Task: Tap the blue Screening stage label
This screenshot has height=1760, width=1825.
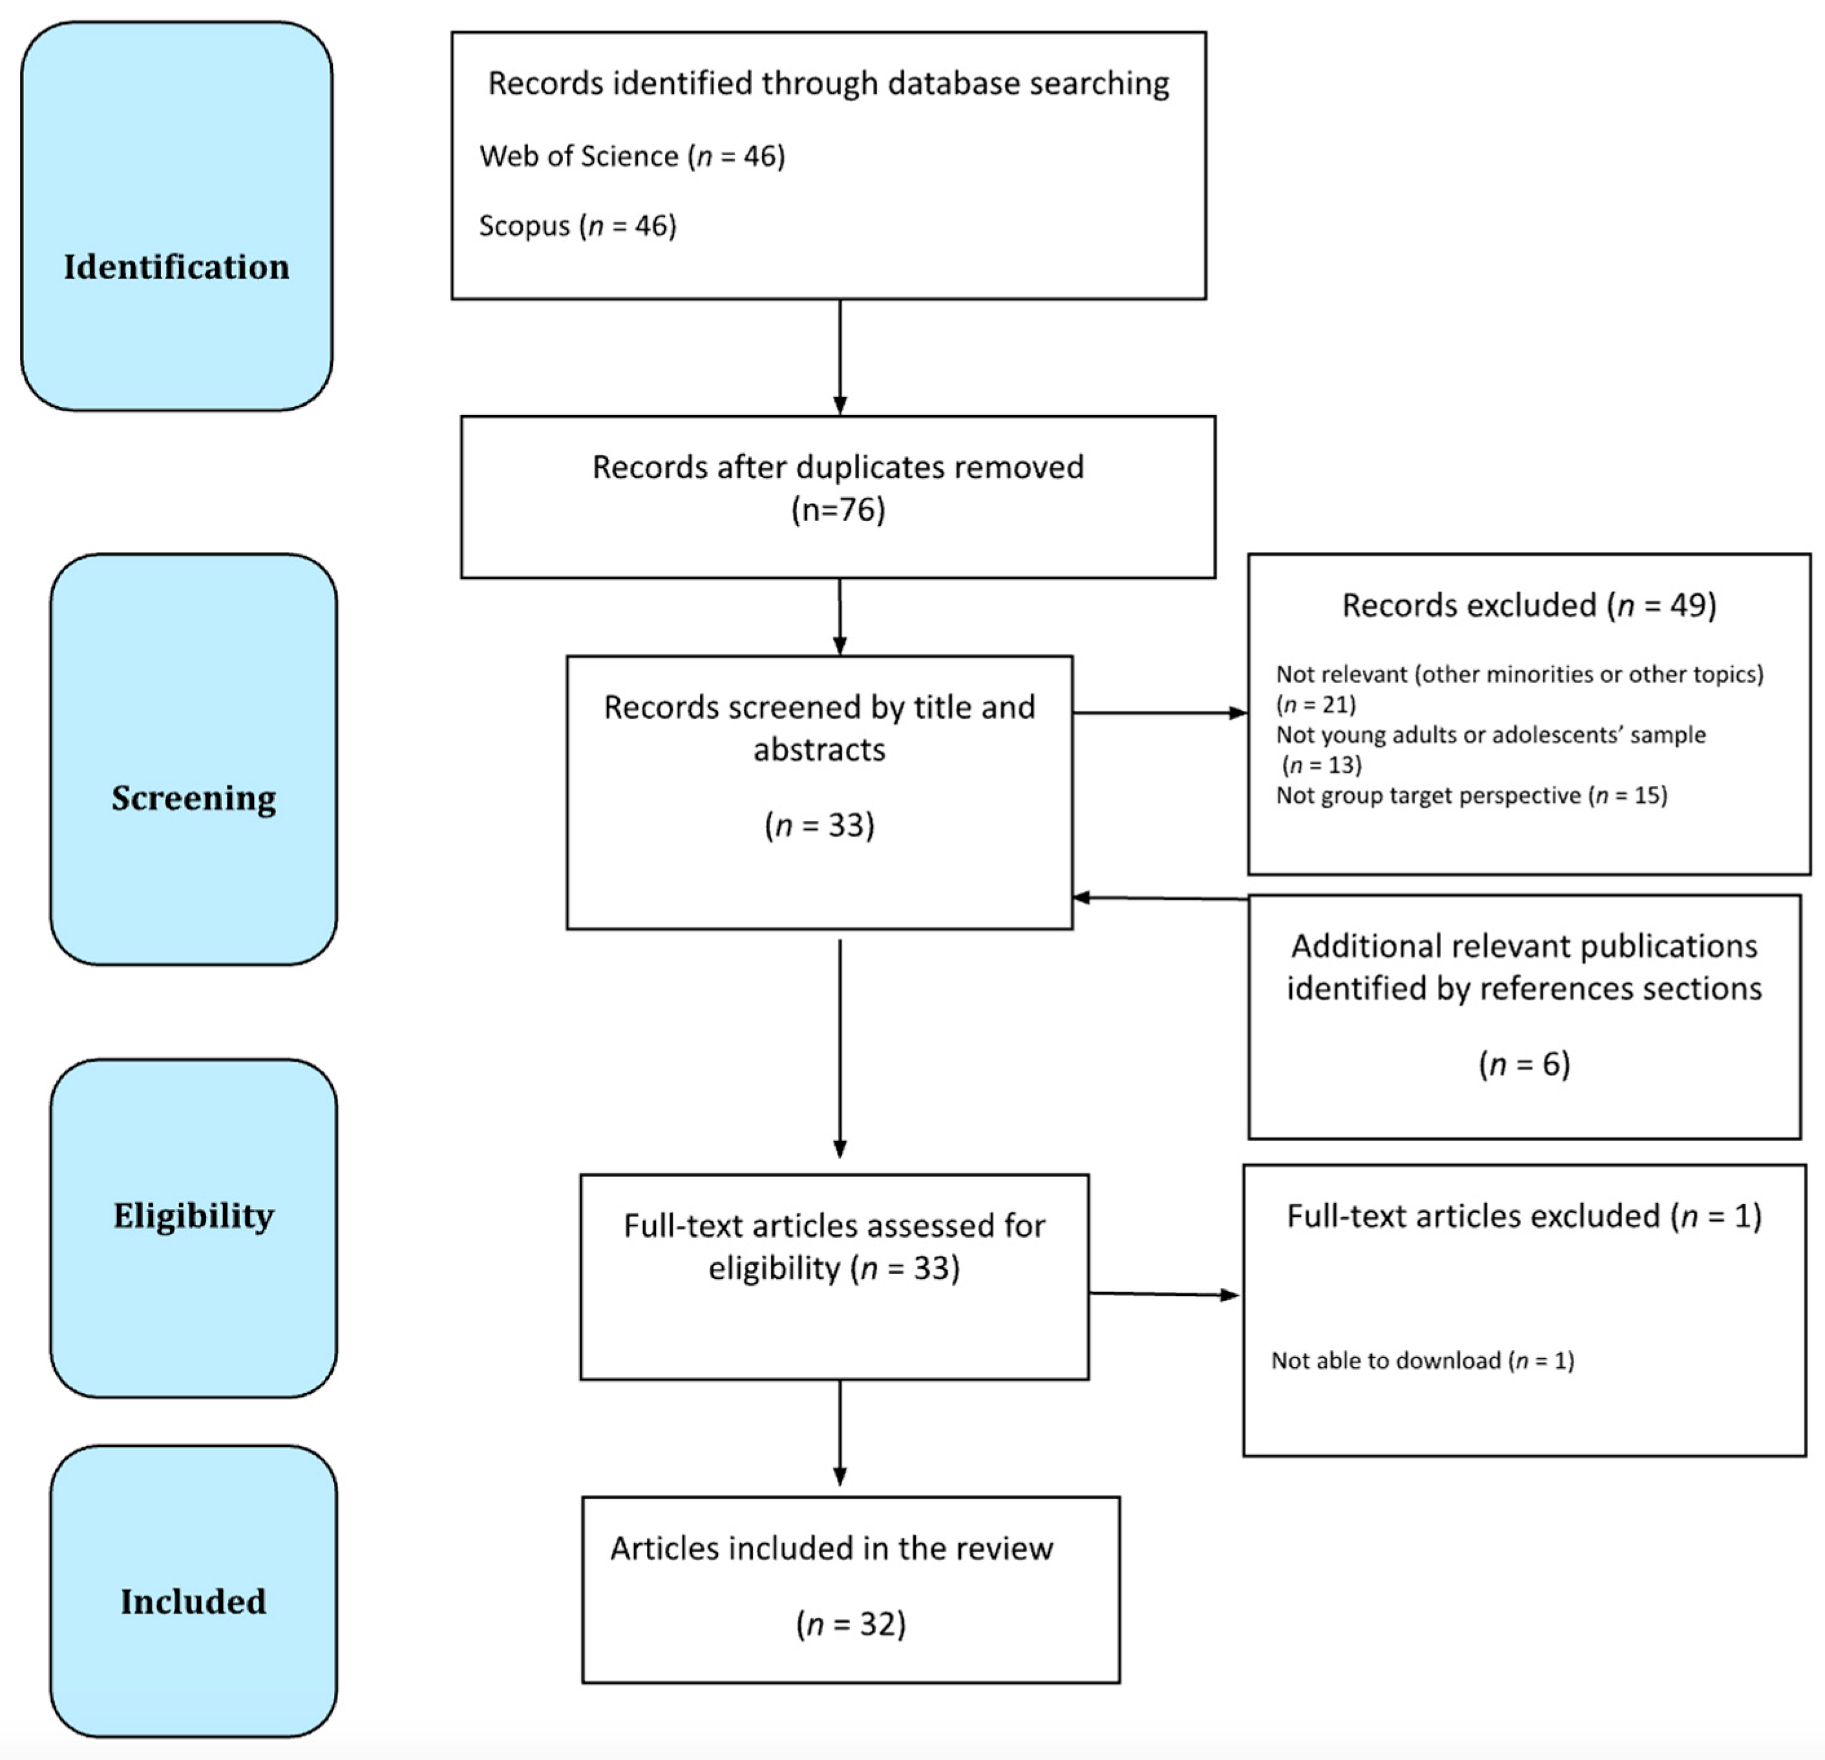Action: click(x=194, y=798)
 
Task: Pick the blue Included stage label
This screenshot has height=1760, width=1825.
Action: click(x=194, y=1601)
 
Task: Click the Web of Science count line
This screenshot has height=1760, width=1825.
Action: click(x=632, y=156)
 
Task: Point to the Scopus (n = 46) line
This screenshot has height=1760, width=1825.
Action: click(x=577, y=226)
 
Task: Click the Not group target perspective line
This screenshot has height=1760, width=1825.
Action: click(x=1471, y=795)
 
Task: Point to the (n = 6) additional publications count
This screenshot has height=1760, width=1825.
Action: click(x=1524, y=1063)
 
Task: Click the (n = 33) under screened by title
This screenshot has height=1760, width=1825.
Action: click(x=819, y=825)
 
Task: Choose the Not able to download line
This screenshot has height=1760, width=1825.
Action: click(x=1422, y=1361)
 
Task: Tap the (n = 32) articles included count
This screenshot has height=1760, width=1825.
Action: click(x=850, y=1624)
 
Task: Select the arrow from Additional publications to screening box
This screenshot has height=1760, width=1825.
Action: click(x=1159, y=898)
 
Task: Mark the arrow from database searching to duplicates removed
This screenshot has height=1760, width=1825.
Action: click(x=840, y=357)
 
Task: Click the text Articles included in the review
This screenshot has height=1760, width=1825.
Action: click(x=832, y=1549)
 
